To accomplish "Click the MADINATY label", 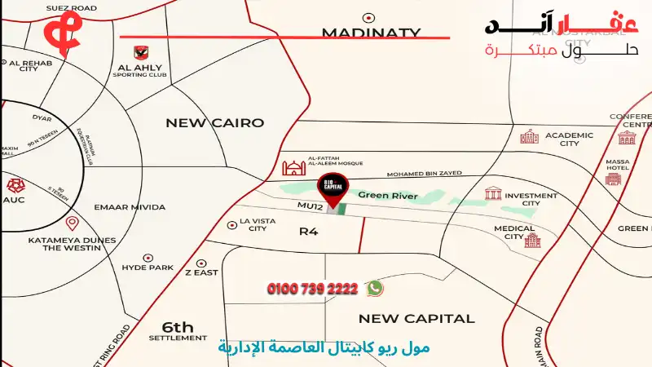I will (x=370, y=33).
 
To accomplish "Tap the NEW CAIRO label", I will (x=215, y=123).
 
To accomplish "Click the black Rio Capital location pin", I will (x=331, y=185).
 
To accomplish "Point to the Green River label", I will (x=388, y=196).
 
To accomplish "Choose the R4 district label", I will (x=308, y=232).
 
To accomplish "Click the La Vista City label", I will (x=253, y=224).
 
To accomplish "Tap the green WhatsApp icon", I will (x=374, y=288).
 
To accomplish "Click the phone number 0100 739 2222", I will (x=312, y=289).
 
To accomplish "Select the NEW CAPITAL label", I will (x=416, y=318).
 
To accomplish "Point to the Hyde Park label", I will (x=148, y=268).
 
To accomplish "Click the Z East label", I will (x=201, y=272).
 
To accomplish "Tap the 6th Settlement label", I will (x=178, y=329).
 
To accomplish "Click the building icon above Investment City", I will (x=493, y=193).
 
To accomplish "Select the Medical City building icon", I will (x=532, y=241).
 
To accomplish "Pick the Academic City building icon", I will (x=530, y=136).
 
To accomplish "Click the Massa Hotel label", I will (x=617, y=166).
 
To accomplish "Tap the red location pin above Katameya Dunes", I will (x=72, y=223).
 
